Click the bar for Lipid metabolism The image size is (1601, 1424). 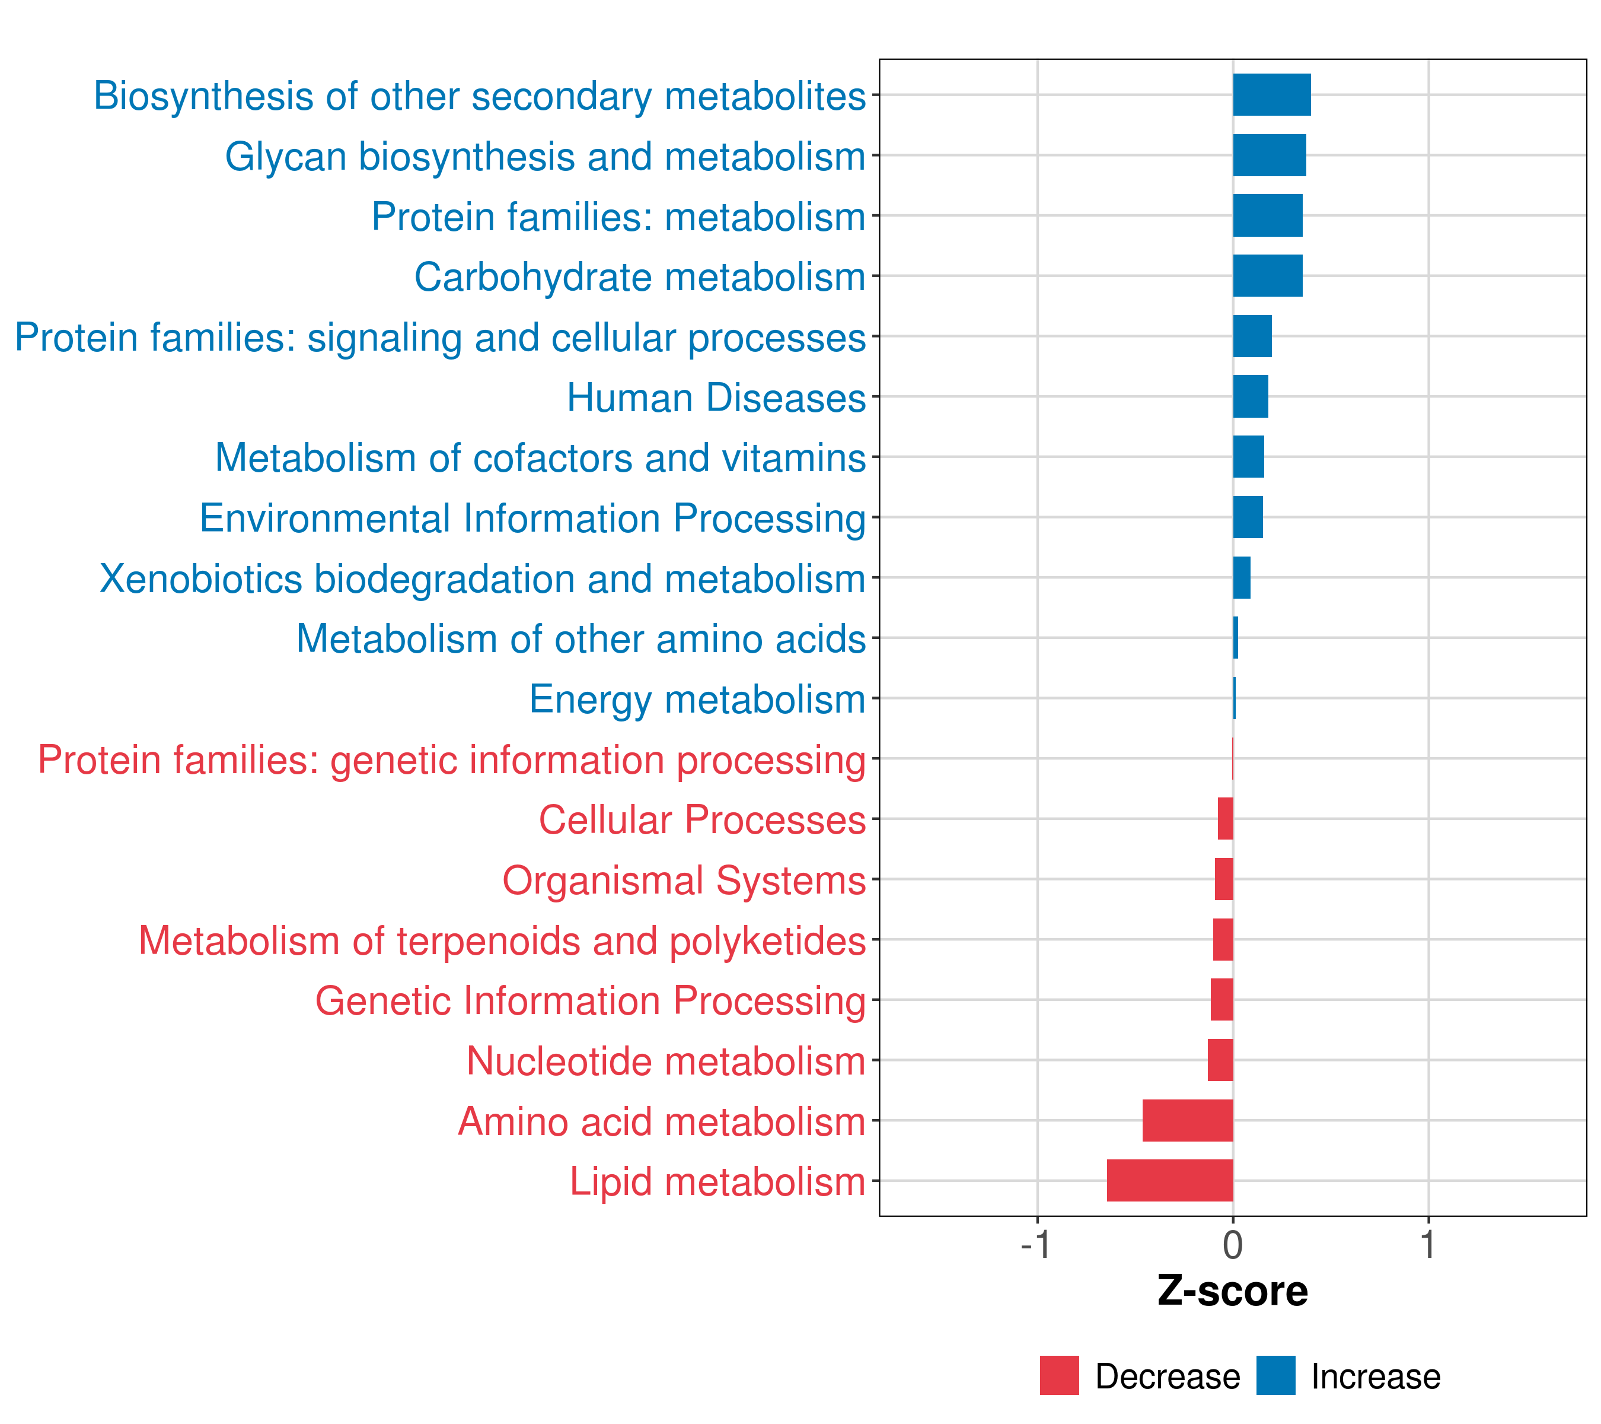(1169, 1180)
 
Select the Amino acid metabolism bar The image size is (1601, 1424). (1188, 1120)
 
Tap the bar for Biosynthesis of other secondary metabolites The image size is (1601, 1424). (1271, 95)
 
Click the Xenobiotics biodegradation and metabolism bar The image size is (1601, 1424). (1242, 577)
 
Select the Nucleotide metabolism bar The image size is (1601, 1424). (1220, 1060)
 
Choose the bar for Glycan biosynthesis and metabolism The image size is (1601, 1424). (1269, 155)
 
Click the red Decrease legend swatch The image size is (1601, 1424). (1059, 1375)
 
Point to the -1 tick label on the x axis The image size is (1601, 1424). (1035, 1245)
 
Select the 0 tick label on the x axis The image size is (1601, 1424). (1233, 1245)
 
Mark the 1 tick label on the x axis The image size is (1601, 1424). (1428, 1245)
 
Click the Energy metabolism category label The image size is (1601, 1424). (697, 699)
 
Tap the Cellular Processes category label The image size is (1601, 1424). (702, 820)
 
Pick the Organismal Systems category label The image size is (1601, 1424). (684, 880)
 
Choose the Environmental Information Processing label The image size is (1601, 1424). (532, 518)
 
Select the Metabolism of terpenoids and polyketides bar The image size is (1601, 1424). (1223, 940)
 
